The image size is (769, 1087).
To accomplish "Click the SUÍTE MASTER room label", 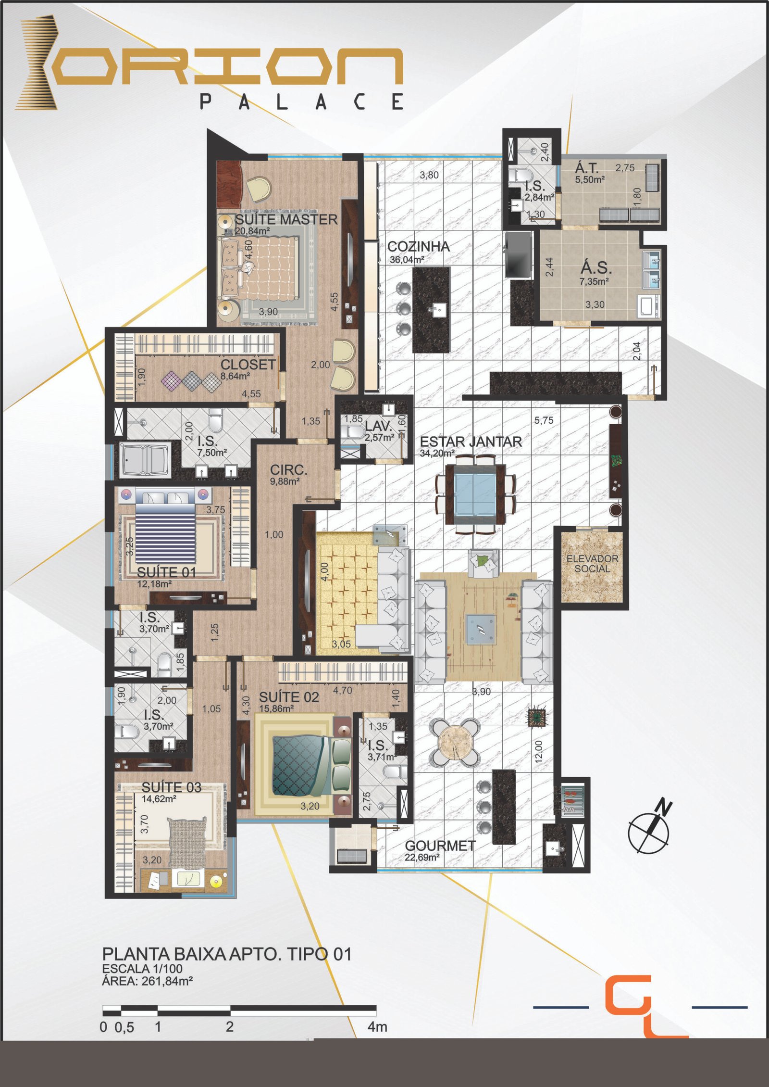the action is click(286, 220).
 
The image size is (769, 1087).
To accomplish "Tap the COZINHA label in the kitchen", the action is click(419, 247).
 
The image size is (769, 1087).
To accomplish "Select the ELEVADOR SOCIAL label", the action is click(592, 564).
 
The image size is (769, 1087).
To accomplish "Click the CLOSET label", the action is click(248, 365).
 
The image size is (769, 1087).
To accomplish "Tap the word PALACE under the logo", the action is click(301, 101).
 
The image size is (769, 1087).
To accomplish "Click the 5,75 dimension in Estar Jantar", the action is click(544, 420).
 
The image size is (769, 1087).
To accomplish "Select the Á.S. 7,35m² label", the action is click(595, 273).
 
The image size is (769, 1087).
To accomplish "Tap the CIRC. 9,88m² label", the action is click(288, 474).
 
